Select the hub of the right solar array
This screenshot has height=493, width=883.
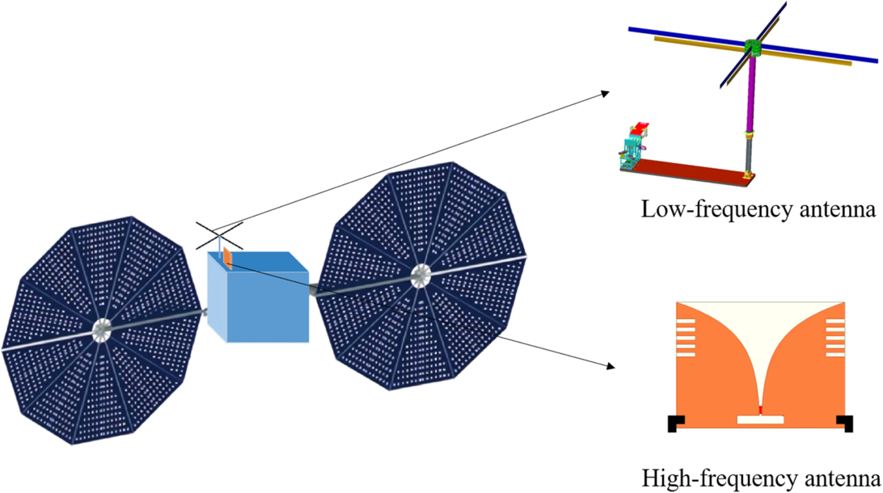[420, 276]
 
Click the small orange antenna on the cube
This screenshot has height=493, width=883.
[228, 259]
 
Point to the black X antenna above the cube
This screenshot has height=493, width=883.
[218, 236]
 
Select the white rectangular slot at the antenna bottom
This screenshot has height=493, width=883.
[761, 420]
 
